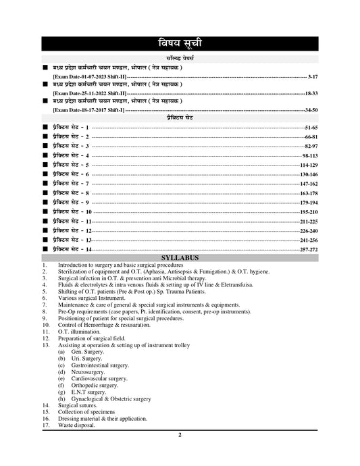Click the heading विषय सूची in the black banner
(x=180, y=45)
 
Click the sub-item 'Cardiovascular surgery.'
(x=101, y=379)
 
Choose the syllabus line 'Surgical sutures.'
(x=77, y=405)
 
